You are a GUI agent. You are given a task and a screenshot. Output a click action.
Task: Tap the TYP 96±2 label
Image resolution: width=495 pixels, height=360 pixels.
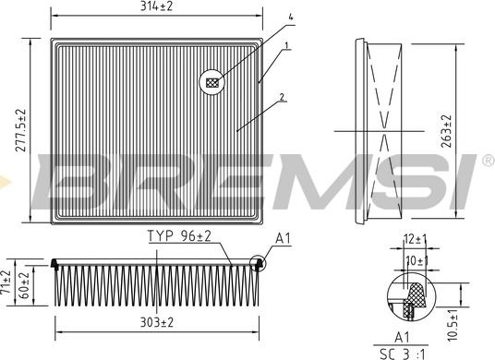179,237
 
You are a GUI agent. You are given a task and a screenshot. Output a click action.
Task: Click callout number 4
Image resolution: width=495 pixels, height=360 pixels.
290,18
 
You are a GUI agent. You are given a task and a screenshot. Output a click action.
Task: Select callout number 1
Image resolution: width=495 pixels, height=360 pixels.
287,45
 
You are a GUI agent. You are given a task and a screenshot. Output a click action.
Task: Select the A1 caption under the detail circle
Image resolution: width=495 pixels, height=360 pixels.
404,337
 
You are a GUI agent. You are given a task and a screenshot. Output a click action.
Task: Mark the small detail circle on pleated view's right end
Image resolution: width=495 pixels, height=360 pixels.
258,264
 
